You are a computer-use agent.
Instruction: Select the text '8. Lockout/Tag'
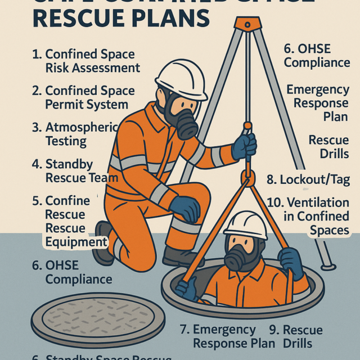(308, 180)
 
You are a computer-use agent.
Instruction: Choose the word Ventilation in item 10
(318, 202)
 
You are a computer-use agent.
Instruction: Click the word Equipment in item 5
(76, 242)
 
